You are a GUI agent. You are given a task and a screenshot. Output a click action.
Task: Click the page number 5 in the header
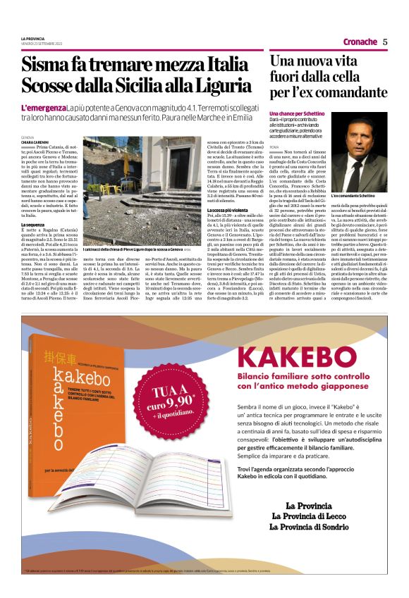coord(385,42)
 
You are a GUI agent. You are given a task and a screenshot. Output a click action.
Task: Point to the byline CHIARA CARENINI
coord(35,143)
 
